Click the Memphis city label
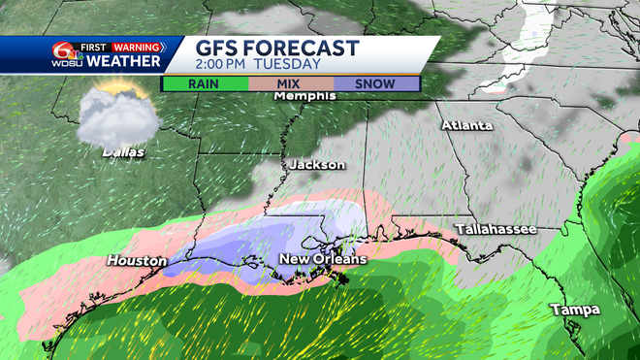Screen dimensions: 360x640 tap(306, 97)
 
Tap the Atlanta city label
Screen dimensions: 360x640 tap(466, 126)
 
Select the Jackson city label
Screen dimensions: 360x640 tap(315, 165)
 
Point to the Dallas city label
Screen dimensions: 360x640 tap(122, 152)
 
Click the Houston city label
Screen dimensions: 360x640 tap(134, 261)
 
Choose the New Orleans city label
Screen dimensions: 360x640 tap(323, 260)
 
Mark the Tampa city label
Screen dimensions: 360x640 tap(574, 310)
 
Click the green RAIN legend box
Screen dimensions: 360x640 tap(206, 83)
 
